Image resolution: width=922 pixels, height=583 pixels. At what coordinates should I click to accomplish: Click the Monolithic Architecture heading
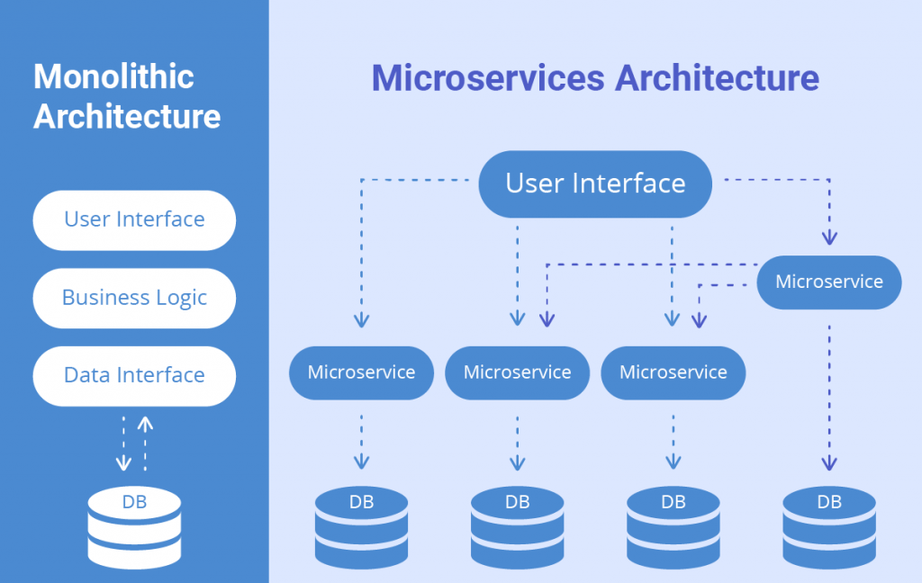126,96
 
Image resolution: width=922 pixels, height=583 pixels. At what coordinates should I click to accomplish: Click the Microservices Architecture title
595,78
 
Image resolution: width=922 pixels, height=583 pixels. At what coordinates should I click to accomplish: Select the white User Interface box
134,220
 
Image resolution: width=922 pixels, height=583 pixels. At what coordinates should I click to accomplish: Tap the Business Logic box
134,298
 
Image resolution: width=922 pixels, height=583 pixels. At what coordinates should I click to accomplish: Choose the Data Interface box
134,375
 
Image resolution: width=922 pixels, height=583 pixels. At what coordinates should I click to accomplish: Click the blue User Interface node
595,184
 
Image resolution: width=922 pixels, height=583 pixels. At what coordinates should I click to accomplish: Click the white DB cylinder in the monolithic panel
134,528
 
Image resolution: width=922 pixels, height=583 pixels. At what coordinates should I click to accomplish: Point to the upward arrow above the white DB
145,441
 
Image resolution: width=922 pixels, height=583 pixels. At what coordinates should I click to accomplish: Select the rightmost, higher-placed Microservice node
828,282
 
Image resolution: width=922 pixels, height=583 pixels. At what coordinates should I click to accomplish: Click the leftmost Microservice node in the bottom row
361,372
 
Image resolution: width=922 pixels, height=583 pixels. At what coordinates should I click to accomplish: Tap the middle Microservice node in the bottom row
517,372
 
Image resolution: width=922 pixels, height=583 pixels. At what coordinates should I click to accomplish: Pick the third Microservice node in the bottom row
673,372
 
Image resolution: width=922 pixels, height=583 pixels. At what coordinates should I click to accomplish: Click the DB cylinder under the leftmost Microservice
361,528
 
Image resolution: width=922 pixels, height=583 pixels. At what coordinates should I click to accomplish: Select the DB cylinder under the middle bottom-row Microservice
517,528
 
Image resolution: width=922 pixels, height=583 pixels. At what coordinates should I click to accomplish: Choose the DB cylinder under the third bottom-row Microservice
673,528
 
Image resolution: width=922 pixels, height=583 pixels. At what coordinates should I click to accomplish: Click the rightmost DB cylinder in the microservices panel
828,528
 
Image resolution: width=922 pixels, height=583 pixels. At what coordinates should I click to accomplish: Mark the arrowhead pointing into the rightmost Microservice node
829,238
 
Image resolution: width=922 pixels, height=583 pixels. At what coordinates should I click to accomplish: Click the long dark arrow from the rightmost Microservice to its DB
829,396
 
